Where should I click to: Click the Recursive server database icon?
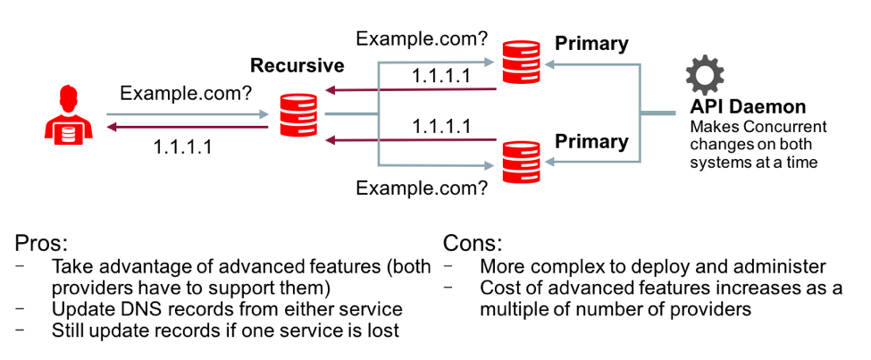298,115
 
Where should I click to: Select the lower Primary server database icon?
521,162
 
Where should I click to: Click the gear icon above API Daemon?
704,76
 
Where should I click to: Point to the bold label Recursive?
297,65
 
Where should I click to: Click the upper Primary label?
591,44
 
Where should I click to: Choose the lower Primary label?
591,141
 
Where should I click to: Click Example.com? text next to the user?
185,92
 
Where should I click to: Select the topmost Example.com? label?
422,38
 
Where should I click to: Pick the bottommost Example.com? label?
422,188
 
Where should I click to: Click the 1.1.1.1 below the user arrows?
182,147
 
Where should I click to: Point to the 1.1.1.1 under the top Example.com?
441,76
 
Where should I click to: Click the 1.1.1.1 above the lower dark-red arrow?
441,126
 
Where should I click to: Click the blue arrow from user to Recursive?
187,114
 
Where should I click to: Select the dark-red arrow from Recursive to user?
187,128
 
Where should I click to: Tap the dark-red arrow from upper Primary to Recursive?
411,90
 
